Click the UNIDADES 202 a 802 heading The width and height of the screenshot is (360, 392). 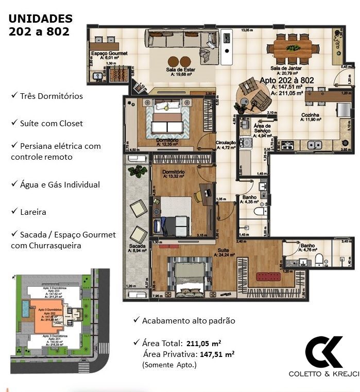41,25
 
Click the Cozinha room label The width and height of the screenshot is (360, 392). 311,116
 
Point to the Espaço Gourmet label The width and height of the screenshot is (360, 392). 109,54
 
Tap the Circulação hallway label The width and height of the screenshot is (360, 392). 225,143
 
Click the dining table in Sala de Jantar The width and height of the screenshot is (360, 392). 294,49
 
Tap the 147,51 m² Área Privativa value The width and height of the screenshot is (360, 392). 214,354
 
